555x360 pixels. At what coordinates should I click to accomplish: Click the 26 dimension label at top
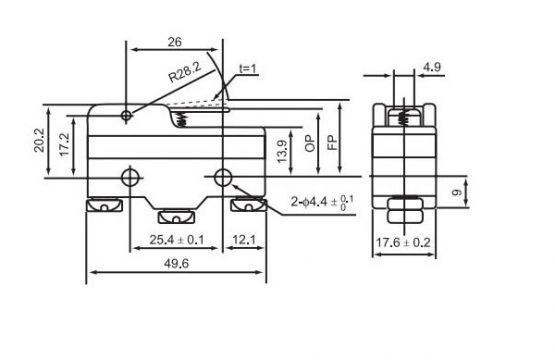pyautogui.click(x=174, y=42)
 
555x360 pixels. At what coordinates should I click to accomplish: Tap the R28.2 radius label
pyautogui.click(x=184, y=72)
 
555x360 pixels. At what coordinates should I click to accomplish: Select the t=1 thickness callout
pyautogui.click(x=247, y=68)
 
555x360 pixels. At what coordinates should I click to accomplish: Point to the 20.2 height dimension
pyautogui.click(x=39, y=140)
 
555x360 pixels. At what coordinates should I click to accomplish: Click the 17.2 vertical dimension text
pyautogui.click(x=65, y=144)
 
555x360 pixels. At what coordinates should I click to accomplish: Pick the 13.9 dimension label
pyautogui.click(x=282, y=152)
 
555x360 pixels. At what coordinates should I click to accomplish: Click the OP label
pyautogui.click(x=310, y=143)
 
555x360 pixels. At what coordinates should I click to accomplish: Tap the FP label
pyautogui.click(x=332, y=143)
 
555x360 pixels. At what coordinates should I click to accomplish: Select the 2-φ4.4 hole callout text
pyautogui.click(x=322, y=202)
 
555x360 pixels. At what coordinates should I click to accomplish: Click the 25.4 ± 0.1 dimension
pyautogui.click(x=177, y=240)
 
